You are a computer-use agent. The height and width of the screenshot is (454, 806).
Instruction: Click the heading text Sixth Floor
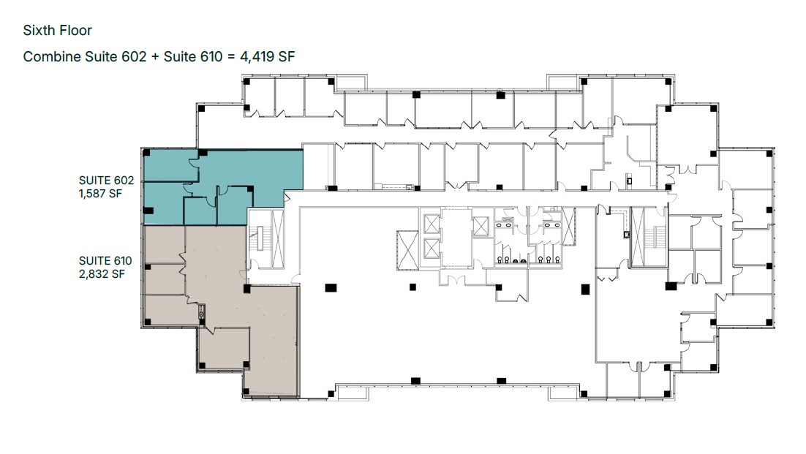click(x=57, y=30)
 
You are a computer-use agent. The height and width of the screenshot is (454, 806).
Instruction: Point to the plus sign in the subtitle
click(x=155, y=57)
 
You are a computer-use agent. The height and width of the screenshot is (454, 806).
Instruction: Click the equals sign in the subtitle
click(x=231, y=57)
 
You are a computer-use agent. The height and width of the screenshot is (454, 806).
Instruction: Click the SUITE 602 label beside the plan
click(x=106, y=181)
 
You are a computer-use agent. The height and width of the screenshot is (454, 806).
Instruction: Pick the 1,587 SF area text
click(x=100, y=194)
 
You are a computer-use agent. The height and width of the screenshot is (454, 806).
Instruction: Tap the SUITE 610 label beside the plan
click(x=105, y=261)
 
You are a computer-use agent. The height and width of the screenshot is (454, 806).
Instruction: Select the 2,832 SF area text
click(x=102, y=274)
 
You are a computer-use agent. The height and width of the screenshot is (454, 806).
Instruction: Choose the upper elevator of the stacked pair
click(x=432, y=224)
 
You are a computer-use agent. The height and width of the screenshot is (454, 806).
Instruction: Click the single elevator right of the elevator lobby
click(x=480, y=227)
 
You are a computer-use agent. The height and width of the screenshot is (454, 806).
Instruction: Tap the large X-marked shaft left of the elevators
click(x=408, y=250)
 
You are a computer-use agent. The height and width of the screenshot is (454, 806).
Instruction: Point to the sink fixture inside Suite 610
click(x=202, y=311)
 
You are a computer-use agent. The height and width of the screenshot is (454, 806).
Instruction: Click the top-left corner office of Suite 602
click(x=170, y=165)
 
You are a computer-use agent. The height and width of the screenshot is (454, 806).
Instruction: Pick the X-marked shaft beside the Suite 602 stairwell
click(x=278, y=238)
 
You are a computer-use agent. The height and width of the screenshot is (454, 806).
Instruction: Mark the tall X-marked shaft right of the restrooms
click(x=569, y=226)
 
